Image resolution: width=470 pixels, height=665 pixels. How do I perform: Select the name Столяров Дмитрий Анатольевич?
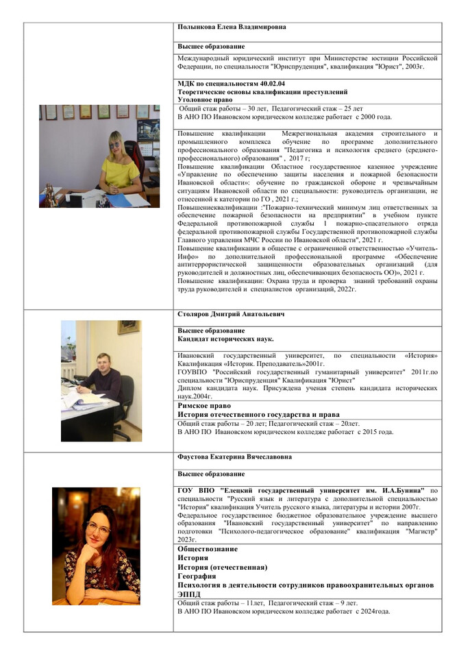pos(221,314)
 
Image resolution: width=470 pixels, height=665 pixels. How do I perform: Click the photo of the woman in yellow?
pos(99,156)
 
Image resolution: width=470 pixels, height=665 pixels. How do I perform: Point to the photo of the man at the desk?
pos(101,380)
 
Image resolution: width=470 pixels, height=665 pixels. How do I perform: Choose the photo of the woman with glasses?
pos(96,536)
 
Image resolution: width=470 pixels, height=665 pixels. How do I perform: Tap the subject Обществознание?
pos(208,549)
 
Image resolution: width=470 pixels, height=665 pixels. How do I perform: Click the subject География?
pos(198,576)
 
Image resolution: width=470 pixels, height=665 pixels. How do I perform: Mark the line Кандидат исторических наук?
pos(225,339)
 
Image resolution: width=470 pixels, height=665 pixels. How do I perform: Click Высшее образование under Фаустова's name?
pos(211,474)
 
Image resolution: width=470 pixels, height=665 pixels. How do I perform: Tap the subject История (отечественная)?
pos(222,567)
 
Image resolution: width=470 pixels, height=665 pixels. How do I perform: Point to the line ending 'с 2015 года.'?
pos(286,433)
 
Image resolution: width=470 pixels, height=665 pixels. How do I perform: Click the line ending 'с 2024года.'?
pos(284,611)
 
